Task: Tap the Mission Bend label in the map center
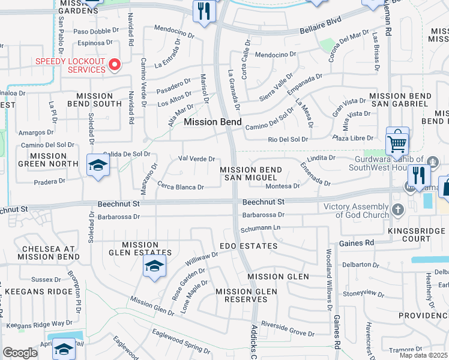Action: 212,122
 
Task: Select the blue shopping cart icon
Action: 397,142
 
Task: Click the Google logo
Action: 20,353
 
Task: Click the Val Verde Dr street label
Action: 197,158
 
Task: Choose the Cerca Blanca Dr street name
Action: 181,187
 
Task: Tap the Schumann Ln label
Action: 261,228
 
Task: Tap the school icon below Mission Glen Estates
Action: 154,266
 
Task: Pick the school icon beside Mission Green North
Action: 98,166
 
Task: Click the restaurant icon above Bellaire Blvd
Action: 204,11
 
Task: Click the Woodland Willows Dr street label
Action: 329,279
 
